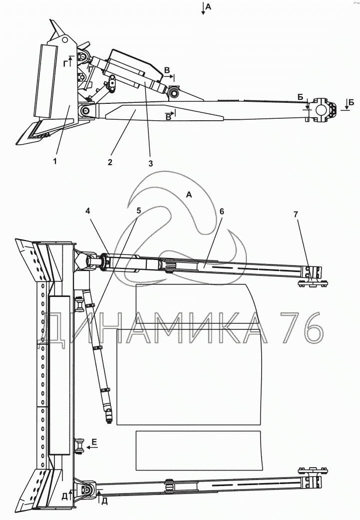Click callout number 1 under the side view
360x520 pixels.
tap(55, 161)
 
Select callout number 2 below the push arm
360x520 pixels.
tap(110, 162)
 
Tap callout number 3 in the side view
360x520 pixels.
tap(151, 164)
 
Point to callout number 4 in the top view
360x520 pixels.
tap(88, 211)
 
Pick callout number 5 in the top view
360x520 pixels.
tap(139, 211)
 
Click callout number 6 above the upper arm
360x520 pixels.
tap(222, 211)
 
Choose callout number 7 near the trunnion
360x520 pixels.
tap(296, 215)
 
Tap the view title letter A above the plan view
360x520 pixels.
tap(189, 195)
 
